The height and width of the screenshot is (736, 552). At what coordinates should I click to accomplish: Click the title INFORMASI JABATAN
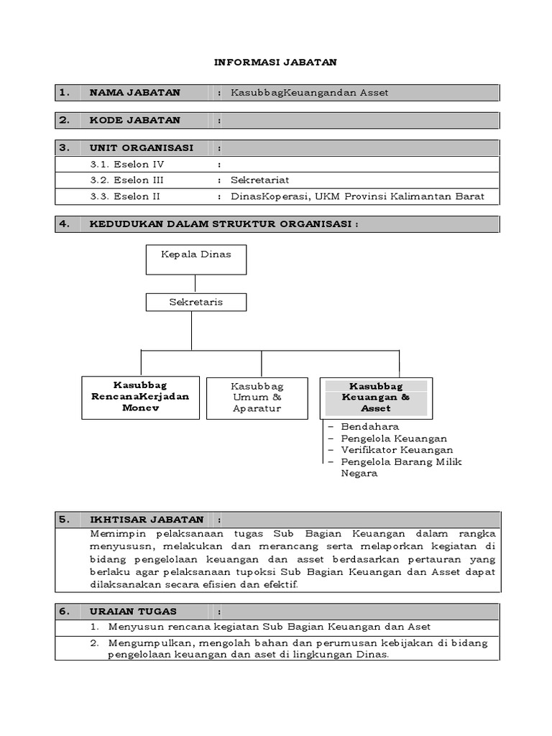pos(275,63)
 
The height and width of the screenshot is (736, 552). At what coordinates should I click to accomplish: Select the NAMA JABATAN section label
pos(134,93)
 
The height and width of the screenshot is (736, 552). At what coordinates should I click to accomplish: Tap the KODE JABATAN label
pos(134,120)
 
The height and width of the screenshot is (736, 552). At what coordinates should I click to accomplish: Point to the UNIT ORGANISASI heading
pos(141,147)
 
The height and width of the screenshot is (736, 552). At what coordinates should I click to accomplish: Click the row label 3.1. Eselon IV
pos(127,164)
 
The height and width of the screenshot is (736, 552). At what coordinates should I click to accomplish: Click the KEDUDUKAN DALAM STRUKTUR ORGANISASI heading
pos(224,224)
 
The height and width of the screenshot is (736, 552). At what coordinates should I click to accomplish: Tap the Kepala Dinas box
pos(196,259)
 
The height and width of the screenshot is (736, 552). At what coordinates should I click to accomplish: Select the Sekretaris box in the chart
pos(196,302)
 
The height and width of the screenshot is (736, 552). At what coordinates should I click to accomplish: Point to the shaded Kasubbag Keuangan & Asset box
pos(376,397)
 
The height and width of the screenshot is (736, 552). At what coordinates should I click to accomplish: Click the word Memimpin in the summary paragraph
pos(118,534)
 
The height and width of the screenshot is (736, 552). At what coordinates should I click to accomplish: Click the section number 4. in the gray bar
pos(65,224)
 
